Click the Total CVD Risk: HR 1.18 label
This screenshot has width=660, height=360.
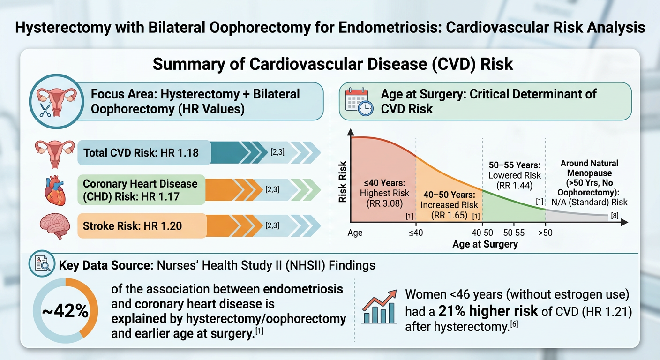coord(141,153)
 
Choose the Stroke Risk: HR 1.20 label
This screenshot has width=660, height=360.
coord(132,226)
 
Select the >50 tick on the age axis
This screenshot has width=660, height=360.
coord(546,233)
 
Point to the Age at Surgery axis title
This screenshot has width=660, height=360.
coord(485,244)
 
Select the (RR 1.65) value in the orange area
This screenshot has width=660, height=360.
coord(449,215)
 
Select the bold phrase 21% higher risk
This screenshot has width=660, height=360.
coord(487,311)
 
